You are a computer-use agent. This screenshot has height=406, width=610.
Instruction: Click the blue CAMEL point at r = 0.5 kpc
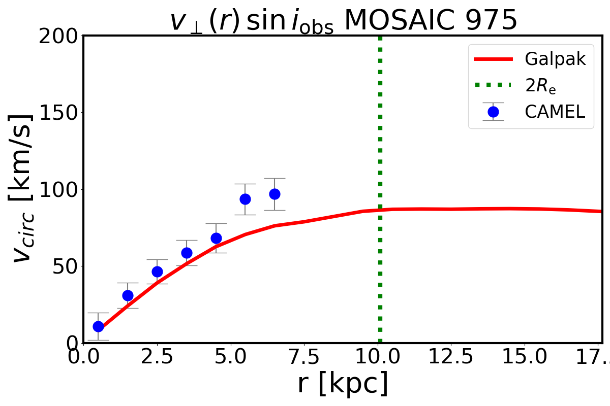pos(98,326)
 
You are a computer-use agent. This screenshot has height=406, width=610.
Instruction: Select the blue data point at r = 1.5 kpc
pos(128,295)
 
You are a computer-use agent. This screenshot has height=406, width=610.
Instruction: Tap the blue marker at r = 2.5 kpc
pos(157,272)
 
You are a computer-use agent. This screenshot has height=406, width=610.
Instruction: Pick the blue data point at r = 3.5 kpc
pos(187,253)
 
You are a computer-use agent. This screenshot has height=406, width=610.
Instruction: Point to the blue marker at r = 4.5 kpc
pos(216,238)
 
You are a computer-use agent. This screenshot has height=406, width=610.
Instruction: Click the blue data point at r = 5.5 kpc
pos(245,199)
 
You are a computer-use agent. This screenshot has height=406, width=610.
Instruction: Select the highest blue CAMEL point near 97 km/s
pos(274,194)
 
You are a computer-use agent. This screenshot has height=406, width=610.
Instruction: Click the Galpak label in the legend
pos(555,59)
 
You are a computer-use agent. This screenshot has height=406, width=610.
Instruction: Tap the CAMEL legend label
pos(555,112)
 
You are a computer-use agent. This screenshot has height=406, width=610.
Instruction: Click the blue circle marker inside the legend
pos(493,112)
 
